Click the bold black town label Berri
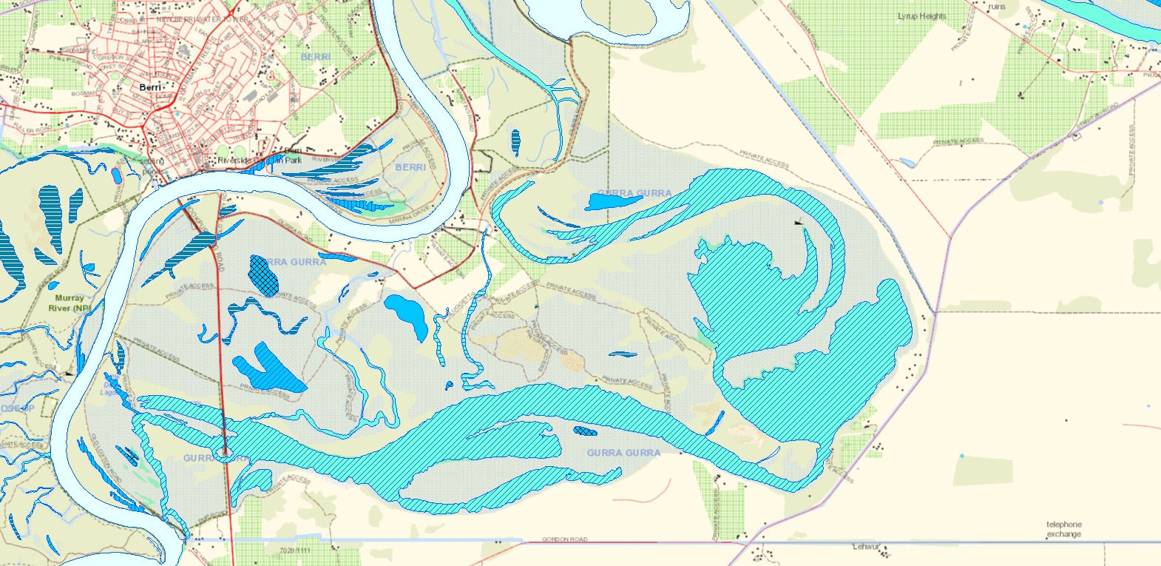[149, 87]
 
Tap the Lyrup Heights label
[921, 16]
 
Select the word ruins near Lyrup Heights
[996, 7]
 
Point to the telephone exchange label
[1063, 529]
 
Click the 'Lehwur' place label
[866, 547]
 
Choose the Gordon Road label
[564, 539]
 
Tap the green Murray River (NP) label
[70, 303]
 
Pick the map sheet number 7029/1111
[295, 550]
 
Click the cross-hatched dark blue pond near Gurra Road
[264, 274]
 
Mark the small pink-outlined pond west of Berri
[115, 175]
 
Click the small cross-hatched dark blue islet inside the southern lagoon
[586, 431]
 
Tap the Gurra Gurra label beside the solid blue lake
[634, 192]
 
